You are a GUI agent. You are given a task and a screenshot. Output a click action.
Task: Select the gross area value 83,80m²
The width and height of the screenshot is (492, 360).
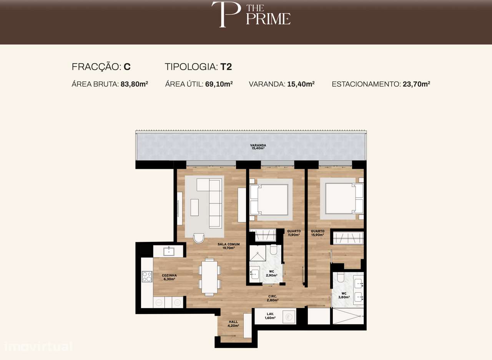pos(134,84)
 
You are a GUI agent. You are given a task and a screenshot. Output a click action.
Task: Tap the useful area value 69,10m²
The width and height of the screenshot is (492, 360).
pos(218,84)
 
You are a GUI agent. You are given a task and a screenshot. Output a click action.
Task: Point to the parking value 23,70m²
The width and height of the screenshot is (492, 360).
pos(416,84)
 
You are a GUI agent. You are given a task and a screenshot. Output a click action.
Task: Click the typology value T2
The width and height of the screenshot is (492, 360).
pos(226,67)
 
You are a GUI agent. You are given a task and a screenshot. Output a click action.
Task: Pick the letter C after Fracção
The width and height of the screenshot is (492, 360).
pos(127,67)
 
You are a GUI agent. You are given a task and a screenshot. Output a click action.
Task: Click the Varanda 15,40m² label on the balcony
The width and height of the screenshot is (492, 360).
pos(258,147)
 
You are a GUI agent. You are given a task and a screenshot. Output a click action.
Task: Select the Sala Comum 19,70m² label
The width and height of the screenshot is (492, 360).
pos(228,246)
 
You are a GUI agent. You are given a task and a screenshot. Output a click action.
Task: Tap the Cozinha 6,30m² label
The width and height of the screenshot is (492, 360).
pos(169,277)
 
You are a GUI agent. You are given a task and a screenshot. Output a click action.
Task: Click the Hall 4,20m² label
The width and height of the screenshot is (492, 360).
pos(233,324)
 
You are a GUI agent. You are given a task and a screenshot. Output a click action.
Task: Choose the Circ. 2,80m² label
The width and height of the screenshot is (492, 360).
pos(273,298)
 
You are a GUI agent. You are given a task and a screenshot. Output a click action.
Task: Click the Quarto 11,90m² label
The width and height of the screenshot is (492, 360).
pos(294,233)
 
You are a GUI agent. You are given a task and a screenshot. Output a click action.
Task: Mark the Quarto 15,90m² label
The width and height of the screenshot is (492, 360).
pos(317,233)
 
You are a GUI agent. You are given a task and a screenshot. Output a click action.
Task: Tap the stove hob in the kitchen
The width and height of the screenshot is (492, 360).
pos(147,277)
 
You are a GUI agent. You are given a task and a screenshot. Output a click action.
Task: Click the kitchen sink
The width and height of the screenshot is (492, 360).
pos(168,252)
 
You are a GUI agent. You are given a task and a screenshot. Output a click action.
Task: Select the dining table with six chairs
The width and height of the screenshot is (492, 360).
pos(209,277)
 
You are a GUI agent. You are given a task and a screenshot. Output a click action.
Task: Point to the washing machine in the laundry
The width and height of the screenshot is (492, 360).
pos(288,317)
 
